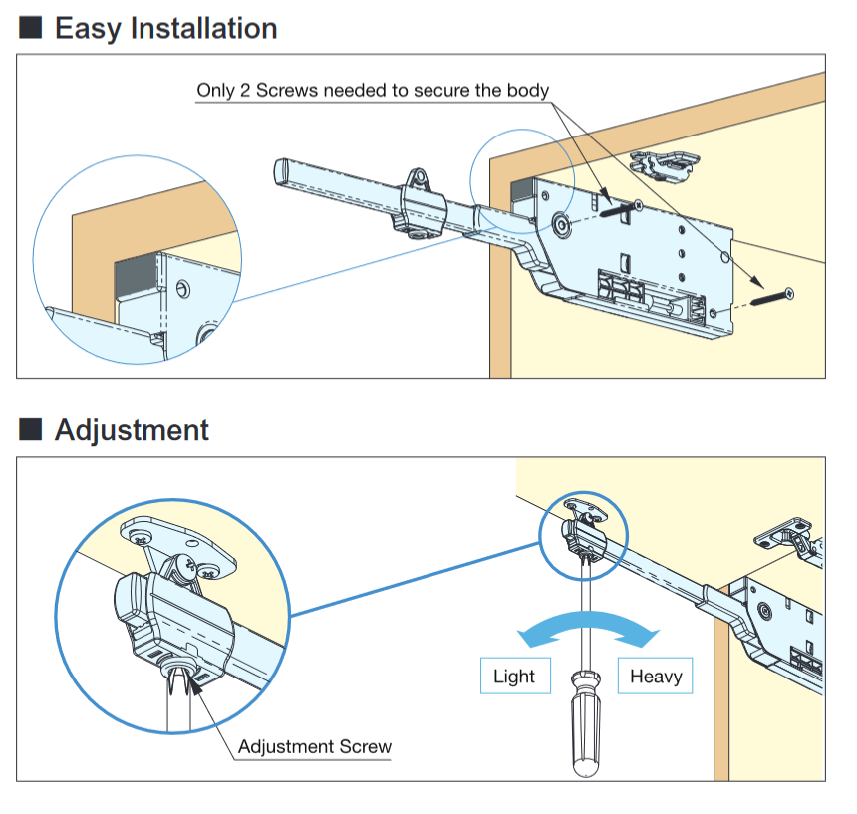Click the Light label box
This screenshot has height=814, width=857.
(x=514, y=677)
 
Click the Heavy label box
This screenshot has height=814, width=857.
(x=656, y=677)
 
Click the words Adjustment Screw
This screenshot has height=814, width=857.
(x=315, y=746)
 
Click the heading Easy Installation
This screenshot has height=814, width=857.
(x=165, y=28)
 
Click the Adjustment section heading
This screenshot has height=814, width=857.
(x=132, y=430)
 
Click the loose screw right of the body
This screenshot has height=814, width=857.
(x=771, y=295)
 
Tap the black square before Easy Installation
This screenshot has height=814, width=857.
(x=31, y=28)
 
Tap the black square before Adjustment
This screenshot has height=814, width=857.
(x=31, y=430)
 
